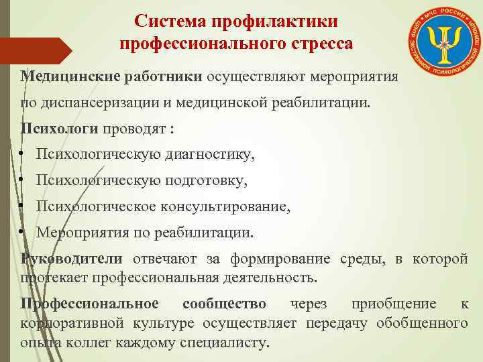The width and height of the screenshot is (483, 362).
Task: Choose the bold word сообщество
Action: (x=224, y=304)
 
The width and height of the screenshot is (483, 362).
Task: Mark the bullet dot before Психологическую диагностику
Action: (x=22, y=156)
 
